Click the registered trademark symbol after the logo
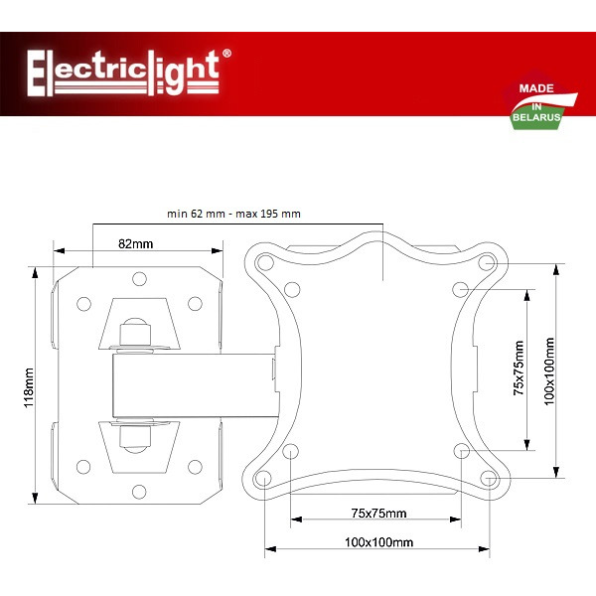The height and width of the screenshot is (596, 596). click(x=227, y=54)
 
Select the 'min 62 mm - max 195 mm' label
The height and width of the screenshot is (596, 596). click(x=233, y=214)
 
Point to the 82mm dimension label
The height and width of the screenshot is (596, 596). click(x=135, y=243)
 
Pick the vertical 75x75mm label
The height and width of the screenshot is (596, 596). click(x=518, y=369)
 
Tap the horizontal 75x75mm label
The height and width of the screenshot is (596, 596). click(x=379, y=514)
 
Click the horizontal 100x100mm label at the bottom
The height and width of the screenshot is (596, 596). click(x=378, y=542)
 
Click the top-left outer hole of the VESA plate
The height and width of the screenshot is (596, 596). click(x=263, y=263)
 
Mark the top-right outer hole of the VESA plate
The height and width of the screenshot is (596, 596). click(x=488, y=263)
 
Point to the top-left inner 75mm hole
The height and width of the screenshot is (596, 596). click(x=290, y=288)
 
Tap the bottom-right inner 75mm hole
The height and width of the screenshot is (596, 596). click(x=461, y=452)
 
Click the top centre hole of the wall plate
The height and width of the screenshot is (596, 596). click(x=139, y=277)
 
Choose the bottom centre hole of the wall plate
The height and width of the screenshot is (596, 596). click(x=139, y=489)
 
